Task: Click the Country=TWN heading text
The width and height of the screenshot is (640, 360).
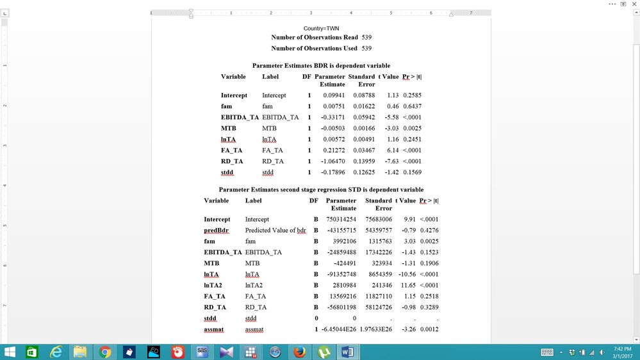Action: (x=321, y=28)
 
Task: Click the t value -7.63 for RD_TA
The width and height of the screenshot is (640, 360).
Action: (x=390, y=161)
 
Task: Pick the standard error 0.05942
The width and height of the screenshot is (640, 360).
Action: (x=363, y=117)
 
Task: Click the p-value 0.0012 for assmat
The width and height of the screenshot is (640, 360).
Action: (x=429, y=329)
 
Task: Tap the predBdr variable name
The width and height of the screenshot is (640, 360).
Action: (x=216, y=231)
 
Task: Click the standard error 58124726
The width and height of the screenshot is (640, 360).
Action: (x=378, y=307)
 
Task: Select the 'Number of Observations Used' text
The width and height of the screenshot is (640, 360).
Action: (x=315, y=48)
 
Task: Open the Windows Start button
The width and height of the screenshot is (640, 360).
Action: (x=10, y=352)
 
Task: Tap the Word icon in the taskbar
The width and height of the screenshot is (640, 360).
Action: (x=348, y=352)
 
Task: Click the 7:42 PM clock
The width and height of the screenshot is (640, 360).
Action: (x=621, y=348)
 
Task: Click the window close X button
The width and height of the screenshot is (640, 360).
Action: (x=634, y=4)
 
